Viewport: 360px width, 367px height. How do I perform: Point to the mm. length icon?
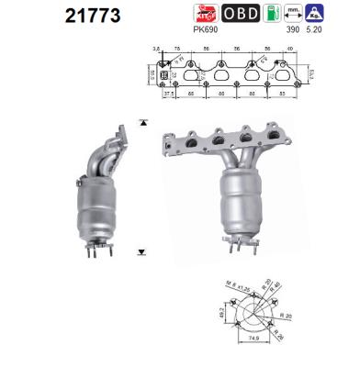294,13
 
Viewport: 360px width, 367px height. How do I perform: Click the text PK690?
205,30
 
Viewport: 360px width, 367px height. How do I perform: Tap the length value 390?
294,30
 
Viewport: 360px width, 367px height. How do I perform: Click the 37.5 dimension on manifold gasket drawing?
170,93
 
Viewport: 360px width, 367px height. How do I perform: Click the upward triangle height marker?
141,121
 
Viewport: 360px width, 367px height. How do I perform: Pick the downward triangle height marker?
141,250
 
